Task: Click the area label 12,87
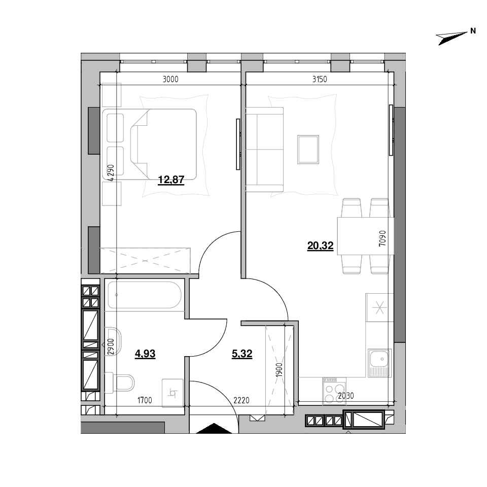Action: tap(171, 180)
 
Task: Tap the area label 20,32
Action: tap(320, 246)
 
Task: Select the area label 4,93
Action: tap(145, 354)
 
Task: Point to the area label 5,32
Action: tap(242, 354)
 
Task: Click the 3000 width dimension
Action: tap(170, 80)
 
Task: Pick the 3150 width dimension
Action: tap(320, 80)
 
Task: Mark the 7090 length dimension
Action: tap(382, 238)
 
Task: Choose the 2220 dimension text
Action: tap(241, 401)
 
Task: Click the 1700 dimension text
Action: tap(145, 401)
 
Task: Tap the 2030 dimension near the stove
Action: tap(346, 396)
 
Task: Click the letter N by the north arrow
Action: tap(473, 31)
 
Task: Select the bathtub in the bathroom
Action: tap(145, 295)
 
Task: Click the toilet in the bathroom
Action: tap(120, 382)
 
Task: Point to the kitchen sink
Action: tap(379, 363)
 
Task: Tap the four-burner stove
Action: tap(334, 391)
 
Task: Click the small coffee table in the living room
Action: tap(308, 149)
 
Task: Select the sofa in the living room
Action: tap(265, 149)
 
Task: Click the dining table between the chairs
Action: tap(366, 236)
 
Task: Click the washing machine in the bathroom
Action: tap(172, 393)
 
